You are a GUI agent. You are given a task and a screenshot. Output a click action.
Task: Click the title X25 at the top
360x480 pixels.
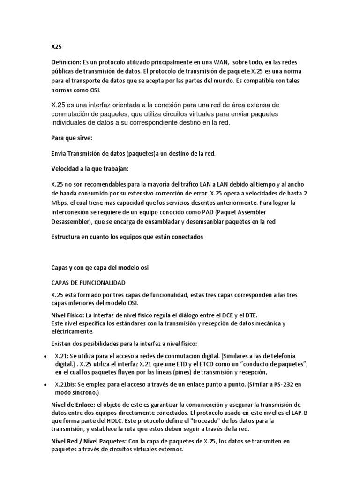57,47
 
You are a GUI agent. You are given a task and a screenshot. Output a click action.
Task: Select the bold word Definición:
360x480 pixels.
66,63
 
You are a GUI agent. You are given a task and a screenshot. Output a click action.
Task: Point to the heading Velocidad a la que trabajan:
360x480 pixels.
89,168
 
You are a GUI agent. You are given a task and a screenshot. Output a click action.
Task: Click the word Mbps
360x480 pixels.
59,202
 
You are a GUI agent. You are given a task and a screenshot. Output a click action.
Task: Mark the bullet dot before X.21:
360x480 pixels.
44,357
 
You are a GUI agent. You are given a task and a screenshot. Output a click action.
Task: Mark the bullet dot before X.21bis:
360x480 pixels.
44,385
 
